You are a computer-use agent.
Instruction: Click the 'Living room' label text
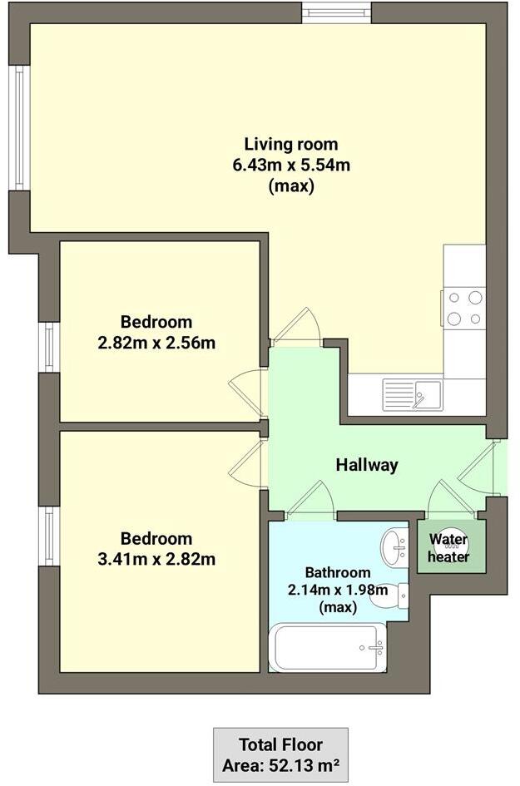point(291,143)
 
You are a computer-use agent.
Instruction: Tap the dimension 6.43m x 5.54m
point(291,165)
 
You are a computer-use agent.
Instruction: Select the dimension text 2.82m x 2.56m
point(156,342)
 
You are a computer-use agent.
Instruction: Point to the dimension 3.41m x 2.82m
point(156,559)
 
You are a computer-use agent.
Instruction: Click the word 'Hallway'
point(367,465)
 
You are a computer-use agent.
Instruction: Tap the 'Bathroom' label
point(337,572)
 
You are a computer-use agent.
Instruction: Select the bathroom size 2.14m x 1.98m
point(337,590)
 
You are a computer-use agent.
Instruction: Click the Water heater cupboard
point(450,546)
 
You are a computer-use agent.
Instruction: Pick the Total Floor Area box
point(280,754)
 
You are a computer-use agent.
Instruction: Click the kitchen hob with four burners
point(464,308)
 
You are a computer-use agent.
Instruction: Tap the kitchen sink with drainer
point(413,394)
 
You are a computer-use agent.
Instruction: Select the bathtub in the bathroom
point(328,647)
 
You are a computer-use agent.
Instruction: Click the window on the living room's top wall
point(335,12)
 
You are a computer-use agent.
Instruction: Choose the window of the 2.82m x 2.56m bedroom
point(49,347)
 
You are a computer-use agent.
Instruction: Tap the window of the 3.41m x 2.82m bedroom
point(49,536)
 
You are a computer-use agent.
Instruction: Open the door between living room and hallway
point(296,328)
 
